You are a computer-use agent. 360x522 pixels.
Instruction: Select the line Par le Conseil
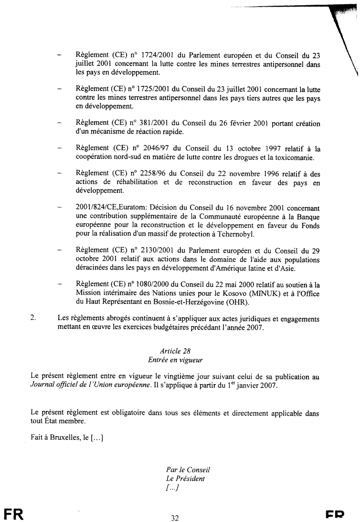(188, 470)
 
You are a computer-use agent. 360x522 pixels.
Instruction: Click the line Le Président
(185, 478)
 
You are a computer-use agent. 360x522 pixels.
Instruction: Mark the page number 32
(175, 518)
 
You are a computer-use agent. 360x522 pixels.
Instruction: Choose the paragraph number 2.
(33, 318)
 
